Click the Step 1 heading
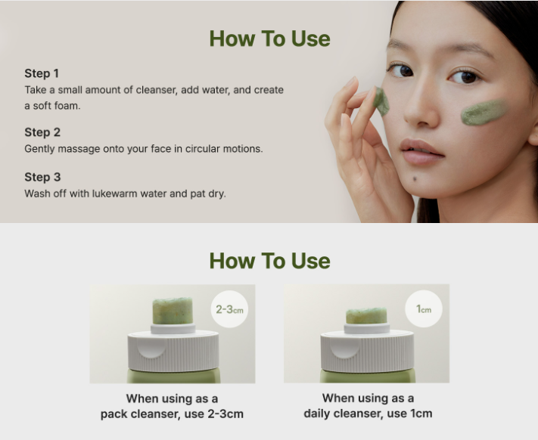point(42,73)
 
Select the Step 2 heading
point(42,132)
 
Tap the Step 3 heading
point(42,177)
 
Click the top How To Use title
point(269,39)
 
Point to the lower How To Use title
point(269,261)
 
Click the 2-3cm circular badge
point(229,309)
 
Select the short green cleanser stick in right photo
point(366,315)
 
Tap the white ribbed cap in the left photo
point(173,352)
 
